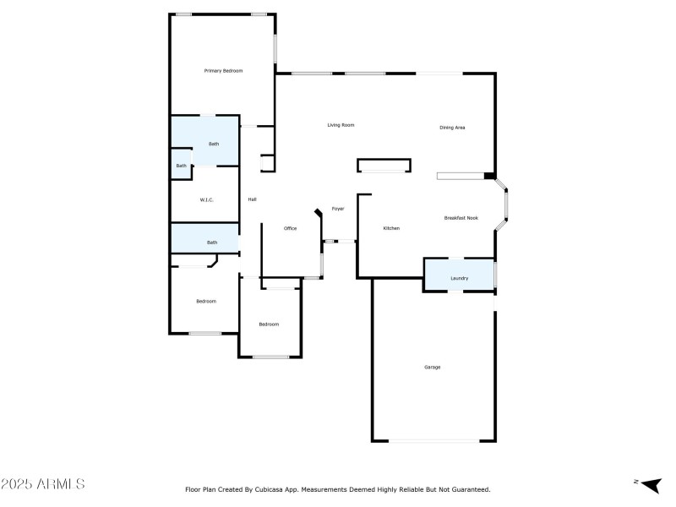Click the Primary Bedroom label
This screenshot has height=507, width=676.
coord(223,71)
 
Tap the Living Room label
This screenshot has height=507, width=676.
coord(341,125)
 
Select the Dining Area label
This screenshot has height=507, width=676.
coord(452,128)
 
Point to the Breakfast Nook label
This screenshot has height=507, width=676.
coord(461,218)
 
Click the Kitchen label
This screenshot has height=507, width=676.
coord(391,228)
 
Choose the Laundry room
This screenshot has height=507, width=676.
coord(459,277)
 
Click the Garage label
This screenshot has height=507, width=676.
coord(433,367)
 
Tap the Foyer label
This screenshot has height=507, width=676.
coord(338,208)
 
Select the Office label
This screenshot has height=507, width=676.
coord(290,228)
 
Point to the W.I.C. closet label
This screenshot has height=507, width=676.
coord(206,200)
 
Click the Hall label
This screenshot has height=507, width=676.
coord(252,199)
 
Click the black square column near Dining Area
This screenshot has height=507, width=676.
coord(489,176)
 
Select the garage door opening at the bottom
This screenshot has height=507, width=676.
coord(433,440)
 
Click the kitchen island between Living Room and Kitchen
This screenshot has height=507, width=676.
coord(384,166)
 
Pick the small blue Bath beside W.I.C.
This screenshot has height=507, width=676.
coord(181,166)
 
